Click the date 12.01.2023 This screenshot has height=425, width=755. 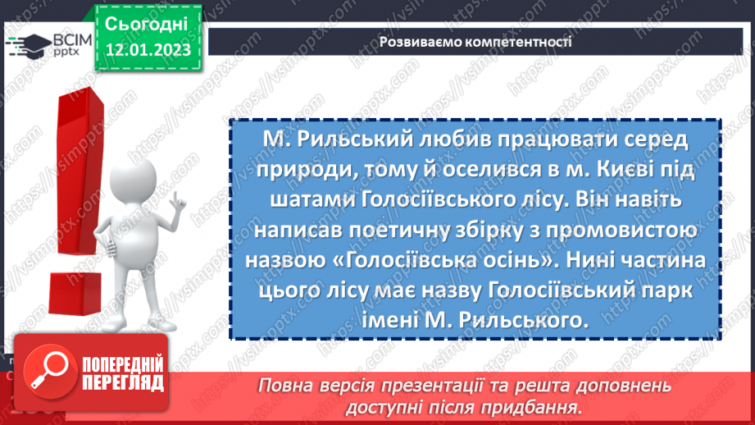[x=148, y=50]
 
